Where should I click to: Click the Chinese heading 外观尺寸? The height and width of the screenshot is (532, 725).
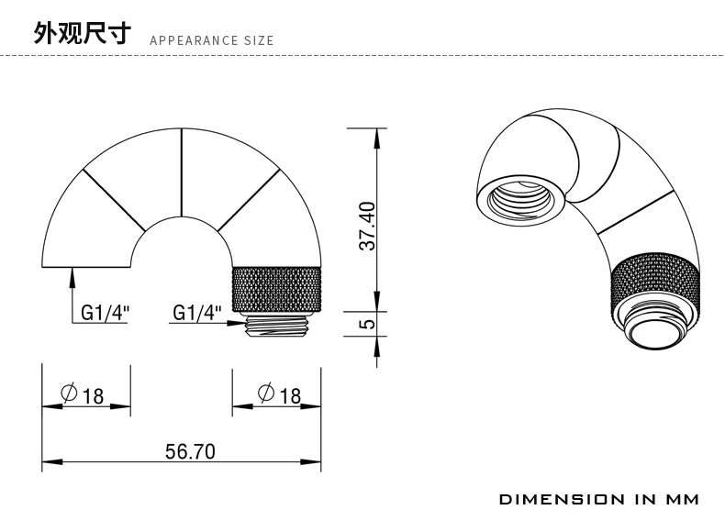pyautogui.click(x=82, y=33)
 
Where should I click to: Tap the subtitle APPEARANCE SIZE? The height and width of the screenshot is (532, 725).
pyautogui.click(x=212, y=40)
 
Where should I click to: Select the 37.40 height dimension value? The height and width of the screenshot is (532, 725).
pyautogui.click(x=368, y=226)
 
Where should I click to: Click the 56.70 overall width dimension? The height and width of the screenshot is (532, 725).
pyautogui.click(x=190, y=451)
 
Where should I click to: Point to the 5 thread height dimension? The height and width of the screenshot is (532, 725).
pyautogui.click(x=368, y=324)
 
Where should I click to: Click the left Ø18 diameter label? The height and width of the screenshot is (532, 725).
pyautogui.click(x=83, y=394)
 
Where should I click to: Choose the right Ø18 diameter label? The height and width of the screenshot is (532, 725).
pyautogui.click(x=280, y=394)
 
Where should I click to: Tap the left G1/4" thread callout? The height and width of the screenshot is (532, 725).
pyautogui.click(x=105, y=313)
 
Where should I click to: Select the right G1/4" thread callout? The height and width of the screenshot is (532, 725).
pyautogui.click(x=197, y=313)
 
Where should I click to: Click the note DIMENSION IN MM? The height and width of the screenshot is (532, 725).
pyautogui.click(x=598, y=499)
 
